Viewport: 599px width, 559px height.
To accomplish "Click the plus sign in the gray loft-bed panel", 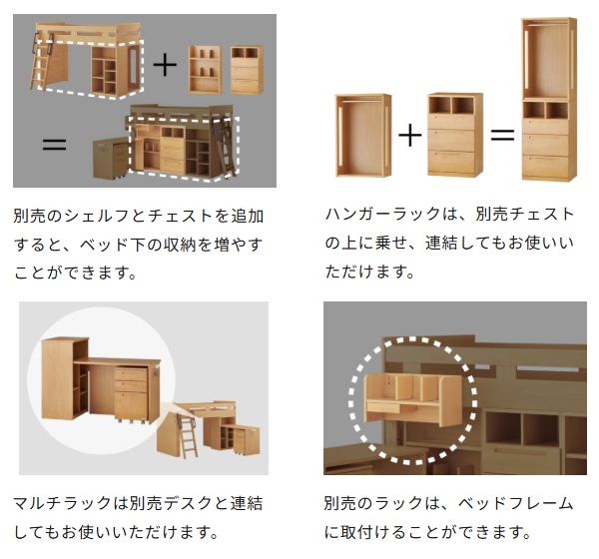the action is [165, 64].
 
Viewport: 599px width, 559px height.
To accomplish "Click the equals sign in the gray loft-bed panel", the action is [54, 145].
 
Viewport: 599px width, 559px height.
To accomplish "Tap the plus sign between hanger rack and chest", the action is [410, 136].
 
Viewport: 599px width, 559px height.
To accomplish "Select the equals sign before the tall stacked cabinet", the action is [502, 135].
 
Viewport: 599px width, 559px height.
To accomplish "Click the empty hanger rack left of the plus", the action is [363, 136].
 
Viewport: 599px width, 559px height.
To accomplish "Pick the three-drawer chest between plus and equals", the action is [455, 135].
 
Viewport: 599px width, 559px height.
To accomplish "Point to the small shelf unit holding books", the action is [206, 69].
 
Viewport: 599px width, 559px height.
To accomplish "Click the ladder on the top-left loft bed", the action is [42, 62].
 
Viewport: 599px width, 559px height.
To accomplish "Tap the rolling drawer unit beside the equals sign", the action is [111, 158].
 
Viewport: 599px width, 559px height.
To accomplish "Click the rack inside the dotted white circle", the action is [413, 399].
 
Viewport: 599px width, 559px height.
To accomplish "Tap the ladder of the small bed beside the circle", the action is [186, 436].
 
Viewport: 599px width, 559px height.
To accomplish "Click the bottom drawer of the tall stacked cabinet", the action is [545, 166].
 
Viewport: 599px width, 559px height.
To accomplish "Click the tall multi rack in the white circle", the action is [65, 378].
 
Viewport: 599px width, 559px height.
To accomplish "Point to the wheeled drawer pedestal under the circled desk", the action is [132, 395].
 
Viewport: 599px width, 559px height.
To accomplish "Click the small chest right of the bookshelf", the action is [248, 70].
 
